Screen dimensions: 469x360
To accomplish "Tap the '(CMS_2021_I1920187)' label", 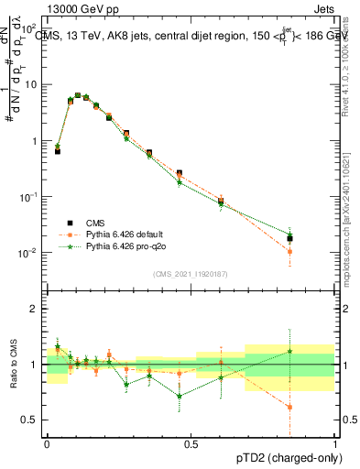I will click(190, 273).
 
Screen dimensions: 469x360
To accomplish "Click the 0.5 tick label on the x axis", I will click(191, 444).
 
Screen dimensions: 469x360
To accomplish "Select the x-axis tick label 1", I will click(334, 444).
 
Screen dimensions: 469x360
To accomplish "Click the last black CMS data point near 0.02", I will click(289, 238).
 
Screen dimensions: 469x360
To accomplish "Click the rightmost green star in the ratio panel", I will click(289, 351).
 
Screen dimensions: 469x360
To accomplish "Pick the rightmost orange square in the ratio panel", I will click(289, 407).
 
